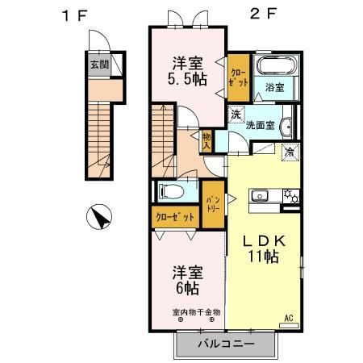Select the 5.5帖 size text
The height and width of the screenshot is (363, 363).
pyautogui.click(x=187, y=79)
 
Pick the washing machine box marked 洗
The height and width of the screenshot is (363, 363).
pyautogui.click(x=237, y=115)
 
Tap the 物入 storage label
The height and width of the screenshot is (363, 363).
pyautogui.click(x=207, y=143)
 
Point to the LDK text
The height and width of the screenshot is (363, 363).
pyautogui.click(x=263, y=240)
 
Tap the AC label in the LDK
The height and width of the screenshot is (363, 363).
pyautogui.click(x=288, y=319)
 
